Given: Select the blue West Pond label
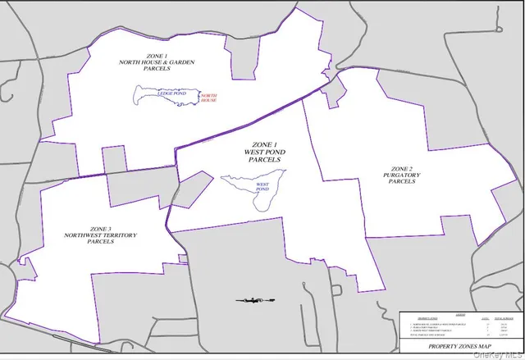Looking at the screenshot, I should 263,187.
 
